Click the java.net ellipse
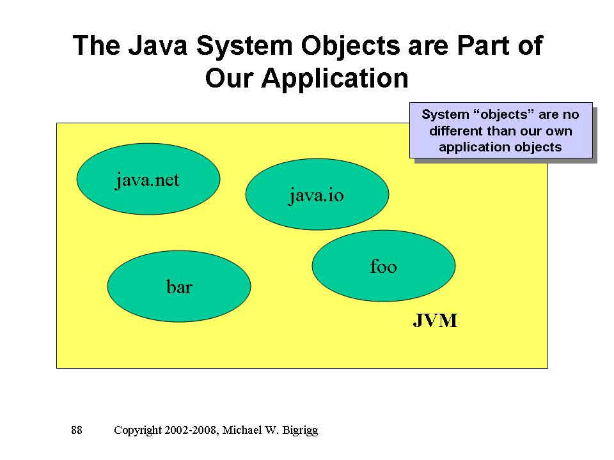pyautogui.click(x=148, y=180)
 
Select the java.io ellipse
pyautogui.click(x=317, y=194)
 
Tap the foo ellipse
pyautogui.click(x=383, y=266)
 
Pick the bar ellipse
pyautogui.click(x=179, y=286)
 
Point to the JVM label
pyautogui.click(x=435, y=321)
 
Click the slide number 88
pyautogui.click(x=77, y=430)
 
